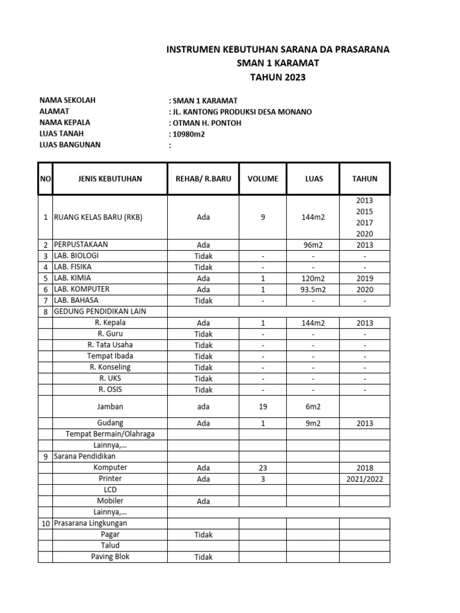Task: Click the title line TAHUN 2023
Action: click(277, 77)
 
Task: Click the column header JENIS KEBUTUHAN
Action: click(110, 179)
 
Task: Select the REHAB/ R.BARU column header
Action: click(203, 179)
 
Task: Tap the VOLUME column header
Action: click(262, 179)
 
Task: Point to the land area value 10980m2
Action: click(188, 133)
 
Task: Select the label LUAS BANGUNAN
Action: click(70, 144)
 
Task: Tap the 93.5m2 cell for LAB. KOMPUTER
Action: click(314, 289)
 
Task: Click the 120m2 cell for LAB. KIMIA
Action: click(314, 278)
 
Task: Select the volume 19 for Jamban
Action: click(262, 406)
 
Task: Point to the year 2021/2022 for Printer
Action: click(364, 479)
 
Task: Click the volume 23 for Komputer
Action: click(262, 468)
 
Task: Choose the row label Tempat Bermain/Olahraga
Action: click(110, 434)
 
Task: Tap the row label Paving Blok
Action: click(110, 557)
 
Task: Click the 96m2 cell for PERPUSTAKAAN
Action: click(314, 245)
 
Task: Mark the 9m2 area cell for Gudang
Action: click(314, 423)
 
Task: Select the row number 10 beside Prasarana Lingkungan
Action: click(46, 523)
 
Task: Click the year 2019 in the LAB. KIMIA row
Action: click(364, 278)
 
